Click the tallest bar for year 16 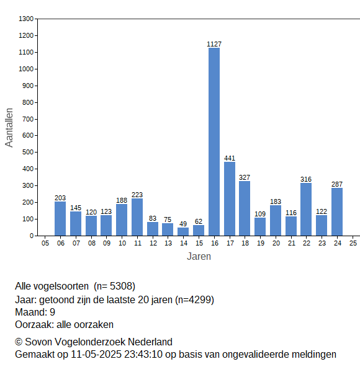pos(214,141)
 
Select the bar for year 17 pos(230,199)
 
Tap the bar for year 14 pos(183,231)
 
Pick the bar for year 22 pos(306,210)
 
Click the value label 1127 pos(214,44)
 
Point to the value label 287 pos(337,184)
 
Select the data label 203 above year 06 pos(60,198)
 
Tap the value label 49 pos(183,224)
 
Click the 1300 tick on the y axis pos(26,19)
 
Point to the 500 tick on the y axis pos(28,152)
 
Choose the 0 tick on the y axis pos(32,236)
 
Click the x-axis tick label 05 pos(45,243)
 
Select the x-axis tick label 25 pos(353,243)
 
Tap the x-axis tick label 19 pos(261,243)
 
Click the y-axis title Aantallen pos(9,128)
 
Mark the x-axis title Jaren pos(199,257)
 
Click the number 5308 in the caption pos(121,286)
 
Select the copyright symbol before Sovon pos(19,342)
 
